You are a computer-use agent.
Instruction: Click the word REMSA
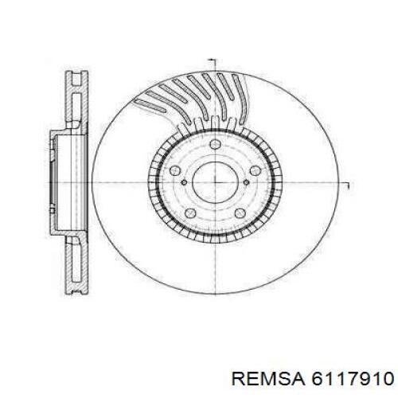point(268,378)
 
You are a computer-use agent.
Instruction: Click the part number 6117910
point(352,378)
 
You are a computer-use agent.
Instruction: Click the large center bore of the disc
point(216,182)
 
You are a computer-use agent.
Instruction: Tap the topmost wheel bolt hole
point(216,145)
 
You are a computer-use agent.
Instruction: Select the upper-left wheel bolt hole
point(175,171)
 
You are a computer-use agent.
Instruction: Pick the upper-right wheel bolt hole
point(256,170)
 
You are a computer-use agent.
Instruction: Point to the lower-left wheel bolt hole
point(190,213)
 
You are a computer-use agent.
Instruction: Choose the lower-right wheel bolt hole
point(240,213)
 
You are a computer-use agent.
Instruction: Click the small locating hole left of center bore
point(184,182)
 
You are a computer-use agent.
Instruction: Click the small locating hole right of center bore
point(247,182)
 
